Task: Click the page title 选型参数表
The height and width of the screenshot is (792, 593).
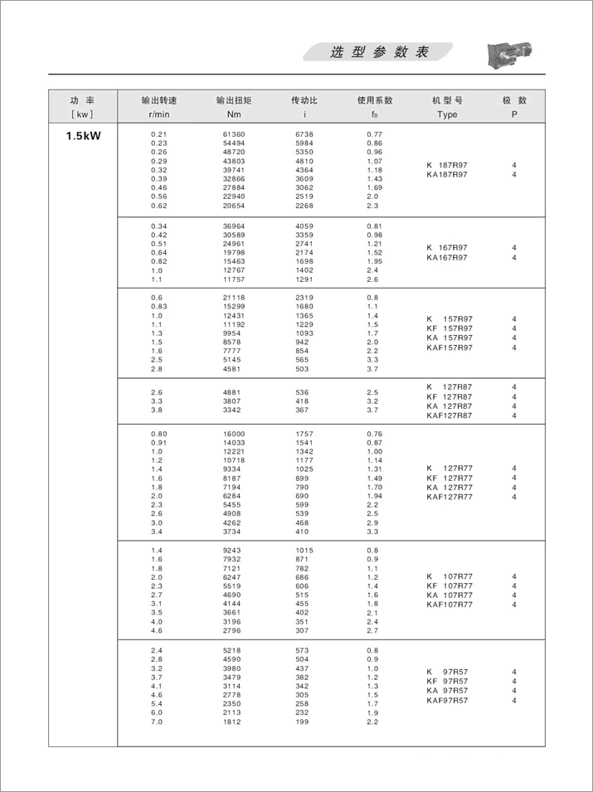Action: click(379, 52)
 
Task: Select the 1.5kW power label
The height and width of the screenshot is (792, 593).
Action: click(83, 135)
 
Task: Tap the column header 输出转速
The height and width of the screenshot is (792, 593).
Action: click(159, 100)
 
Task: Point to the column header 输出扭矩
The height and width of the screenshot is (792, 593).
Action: click(234, 100)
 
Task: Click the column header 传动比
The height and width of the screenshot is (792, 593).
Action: click(304, 100)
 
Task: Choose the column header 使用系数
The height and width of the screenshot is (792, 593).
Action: click(375, 100)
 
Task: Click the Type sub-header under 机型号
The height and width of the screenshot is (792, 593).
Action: click(447, 115)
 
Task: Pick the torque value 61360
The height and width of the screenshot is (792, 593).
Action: click(234, 134)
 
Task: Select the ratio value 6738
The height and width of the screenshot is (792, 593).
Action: click(304, 134)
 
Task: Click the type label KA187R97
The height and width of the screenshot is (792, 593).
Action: click(447, 175)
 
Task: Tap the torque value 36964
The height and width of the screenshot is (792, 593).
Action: click(234, 226)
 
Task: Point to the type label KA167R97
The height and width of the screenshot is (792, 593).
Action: click(447, 258)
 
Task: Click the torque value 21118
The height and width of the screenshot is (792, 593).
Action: click(234, 298)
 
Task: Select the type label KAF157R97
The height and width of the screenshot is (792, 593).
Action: click(449, 348)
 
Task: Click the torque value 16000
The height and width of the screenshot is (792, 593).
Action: click(234, 434)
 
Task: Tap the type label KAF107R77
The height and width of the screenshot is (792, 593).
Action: click(450, 605)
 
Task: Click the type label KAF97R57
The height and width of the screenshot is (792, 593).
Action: click(447, 701)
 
